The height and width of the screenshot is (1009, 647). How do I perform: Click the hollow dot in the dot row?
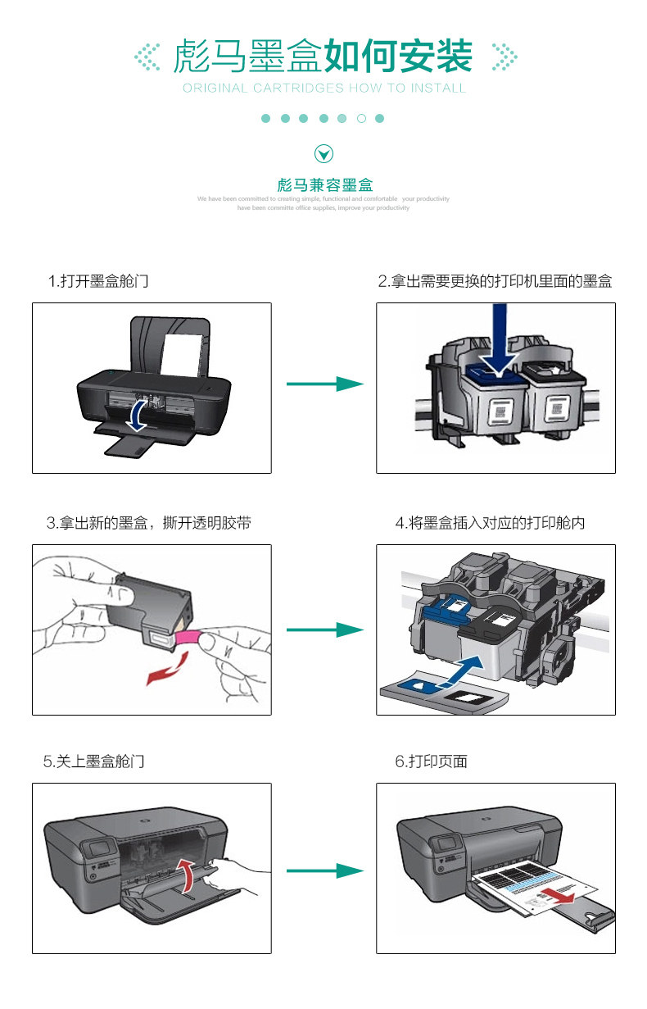pos(361,119)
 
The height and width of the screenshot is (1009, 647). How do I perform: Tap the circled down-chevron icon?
pos(324,153)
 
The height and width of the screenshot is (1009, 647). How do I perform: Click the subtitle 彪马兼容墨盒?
pos(324,185)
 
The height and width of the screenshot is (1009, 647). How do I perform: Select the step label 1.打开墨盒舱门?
pos(98,281)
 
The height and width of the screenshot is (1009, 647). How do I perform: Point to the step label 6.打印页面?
pos(431,761)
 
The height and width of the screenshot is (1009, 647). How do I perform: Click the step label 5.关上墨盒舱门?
pos(94,761)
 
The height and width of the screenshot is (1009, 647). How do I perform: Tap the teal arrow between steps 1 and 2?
pos(323,384)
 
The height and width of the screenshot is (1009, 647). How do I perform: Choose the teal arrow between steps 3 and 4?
pos(323,629)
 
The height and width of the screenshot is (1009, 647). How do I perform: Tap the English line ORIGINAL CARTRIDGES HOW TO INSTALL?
pos(324,88)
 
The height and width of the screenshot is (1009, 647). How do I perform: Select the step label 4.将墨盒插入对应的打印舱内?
pos(490,523)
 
